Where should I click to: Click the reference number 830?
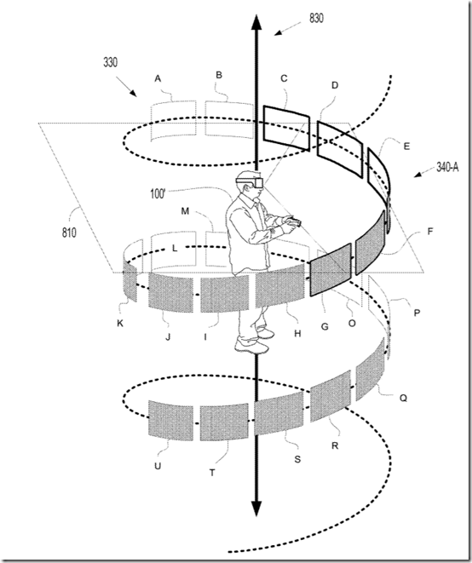(x=316, y=18)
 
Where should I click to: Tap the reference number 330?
(x=110, y=62)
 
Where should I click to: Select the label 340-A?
(x=447, y=167)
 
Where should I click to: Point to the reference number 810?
(x=69, y=233)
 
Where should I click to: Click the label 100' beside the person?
(x=158, y=193)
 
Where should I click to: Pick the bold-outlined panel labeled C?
(x=286, y=128)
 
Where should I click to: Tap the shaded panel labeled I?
(x=225, y=295)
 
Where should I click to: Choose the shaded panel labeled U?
(x=170, y=421)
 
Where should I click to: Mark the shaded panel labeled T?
(x=224, y=422)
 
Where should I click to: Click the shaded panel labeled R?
(x=330, y=396)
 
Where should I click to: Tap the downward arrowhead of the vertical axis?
(x=256, y=508)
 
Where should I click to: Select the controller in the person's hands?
(x=296, y=221)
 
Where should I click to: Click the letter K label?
(x=120, y=323)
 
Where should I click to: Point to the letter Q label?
(x=403, y=398)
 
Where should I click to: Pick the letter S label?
(x=297, y=459)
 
